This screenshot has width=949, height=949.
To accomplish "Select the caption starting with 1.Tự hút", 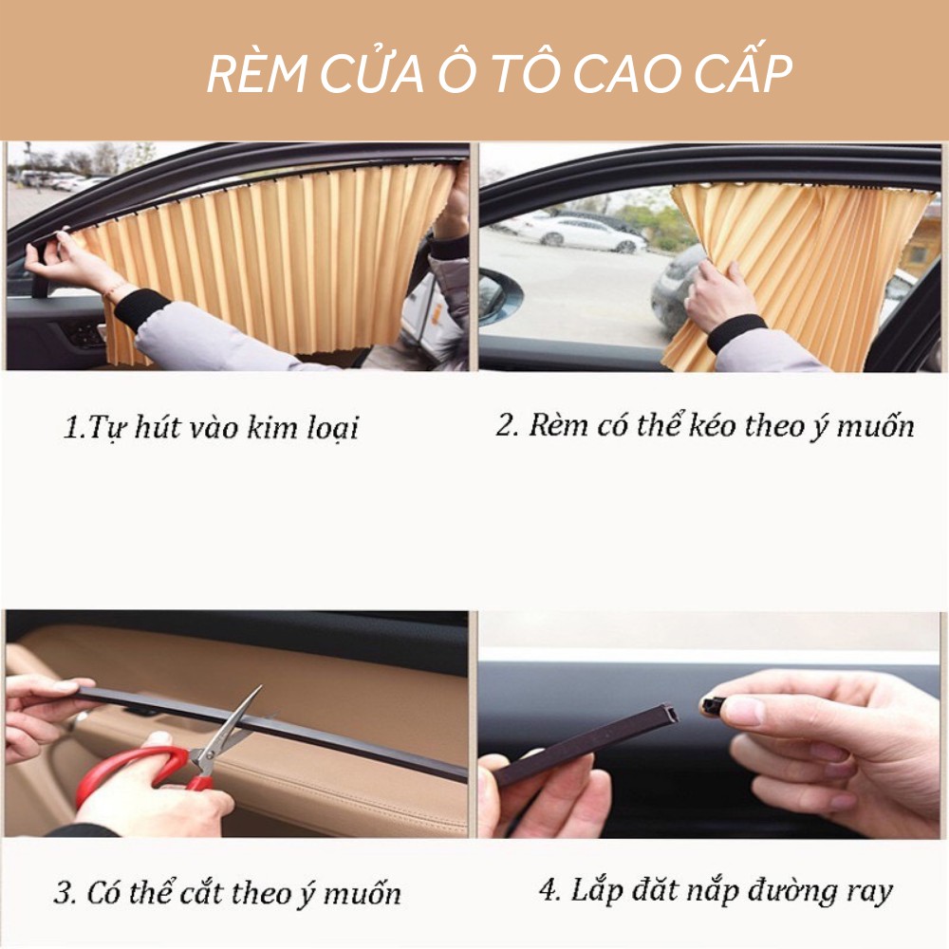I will pyautogui.click(x=211, y=428).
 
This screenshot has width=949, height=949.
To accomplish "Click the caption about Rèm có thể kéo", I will pyautogui.click(x=705, y=425).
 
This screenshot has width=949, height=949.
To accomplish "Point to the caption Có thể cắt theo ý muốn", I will pyautogui.click(x=228, y=893).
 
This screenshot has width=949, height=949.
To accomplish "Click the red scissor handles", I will pyautogui.click(x=142, y=767).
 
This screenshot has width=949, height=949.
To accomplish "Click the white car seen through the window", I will pyautogui.click(x=579, y=233).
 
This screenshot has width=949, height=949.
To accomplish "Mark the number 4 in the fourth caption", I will pyautogui.click(x=548, y=891).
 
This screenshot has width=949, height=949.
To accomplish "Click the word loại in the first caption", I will pyautogui.click(x=331, y=428).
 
